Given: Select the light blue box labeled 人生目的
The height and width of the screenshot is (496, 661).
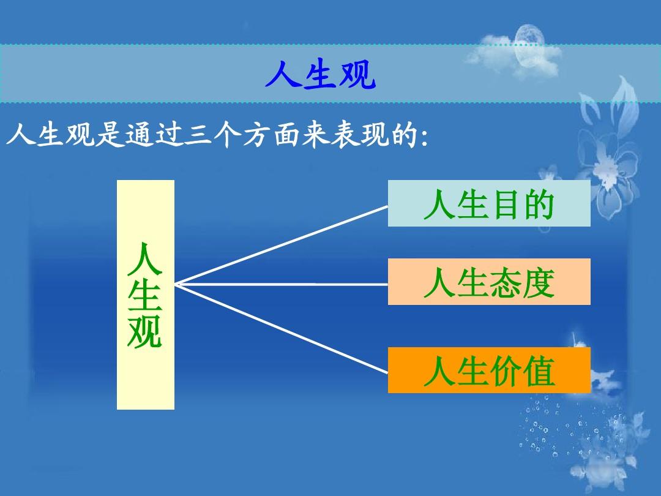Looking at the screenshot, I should pos(488,204).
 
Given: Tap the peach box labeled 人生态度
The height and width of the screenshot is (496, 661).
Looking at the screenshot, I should pos(488,282).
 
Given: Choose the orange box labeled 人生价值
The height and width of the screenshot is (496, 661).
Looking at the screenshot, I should pos(488,370).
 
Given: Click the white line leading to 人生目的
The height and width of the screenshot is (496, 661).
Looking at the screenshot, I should pos(282,245).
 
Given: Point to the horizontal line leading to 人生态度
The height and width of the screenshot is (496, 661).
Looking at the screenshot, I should pos(282,284).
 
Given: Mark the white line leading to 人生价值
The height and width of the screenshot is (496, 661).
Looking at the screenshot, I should pos(282,328).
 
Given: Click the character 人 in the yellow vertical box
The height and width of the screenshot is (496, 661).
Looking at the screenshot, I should pos(145,259).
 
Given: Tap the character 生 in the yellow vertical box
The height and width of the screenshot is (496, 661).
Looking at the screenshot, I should pos(145,296).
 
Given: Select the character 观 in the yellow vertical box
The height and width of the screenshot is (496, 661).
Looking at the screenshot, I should pos(145,333).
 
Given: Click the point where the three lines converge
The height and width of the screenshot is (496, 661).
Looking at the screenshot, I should pos(176,284).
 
